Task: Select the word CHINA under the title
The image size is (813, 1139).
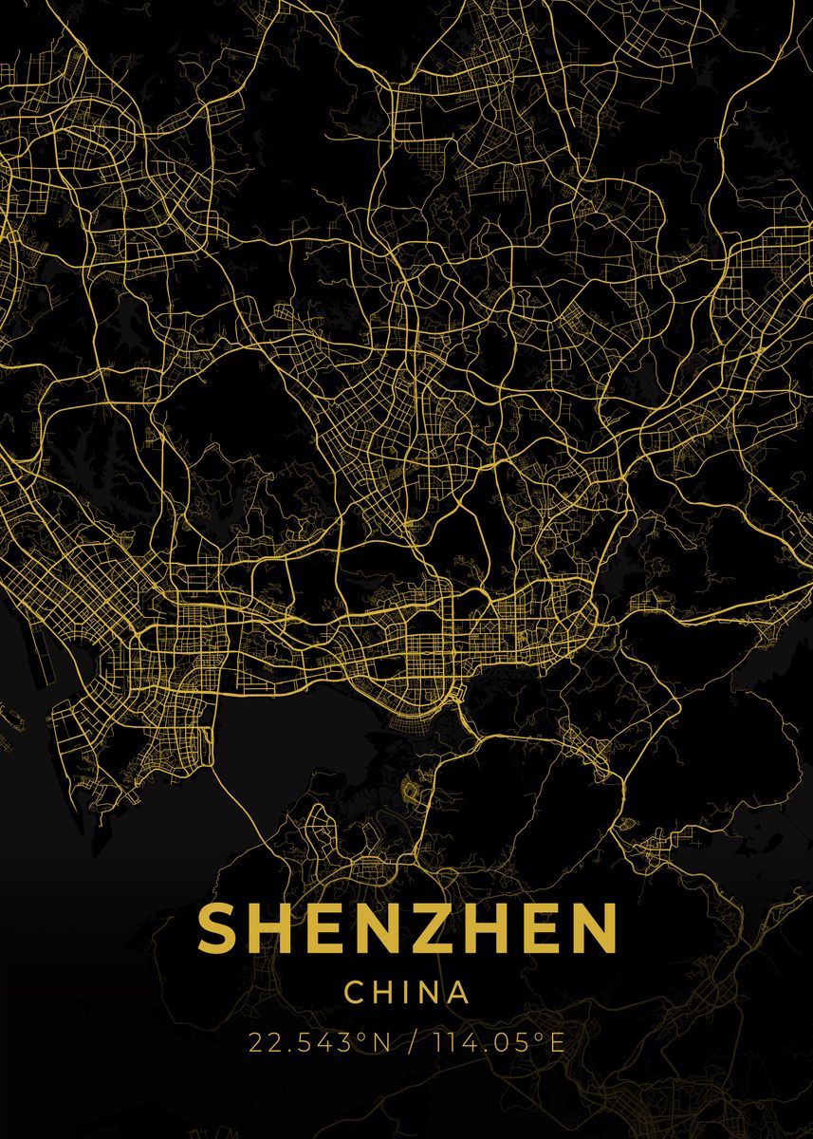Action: [407, 993]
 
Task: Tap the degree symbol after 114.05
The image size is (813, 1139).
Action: [541, 1037]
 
